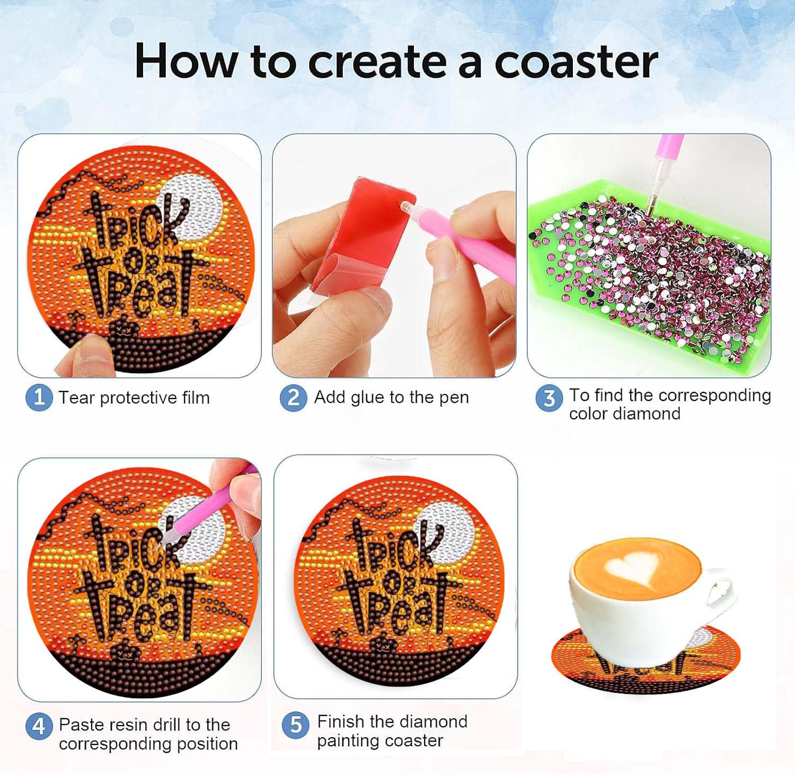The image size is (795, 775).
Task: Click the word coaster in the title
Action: (576, 61)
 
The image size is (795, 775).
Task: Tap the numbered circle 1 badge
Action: (39, 398)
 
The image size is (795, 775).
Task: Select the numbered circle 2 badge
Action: (294, 398)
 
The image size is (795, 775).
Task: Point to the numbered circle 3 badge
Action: (549, 399)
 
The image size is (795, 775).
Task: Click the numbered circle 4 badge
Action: (39, 726)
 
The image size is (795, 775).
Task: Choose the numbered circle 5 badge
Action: (296, 725)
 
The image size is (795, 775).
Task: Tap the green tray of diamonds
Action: (649, 276)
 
